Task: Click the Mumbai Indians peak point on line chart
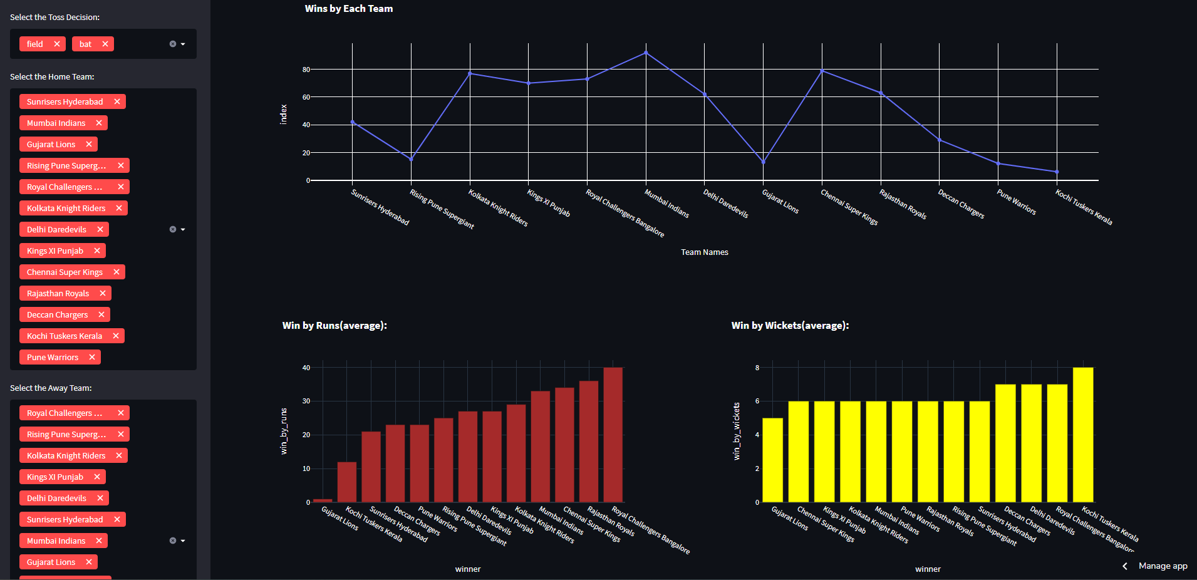point(646,53)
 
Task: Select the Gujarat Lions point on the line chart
point(763,162)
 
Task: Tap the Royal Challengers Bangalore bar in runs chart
point(613,435)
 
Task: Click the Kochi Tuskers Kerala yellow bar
point(1083,435)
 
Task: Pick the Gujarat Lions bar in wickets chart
point(772,460)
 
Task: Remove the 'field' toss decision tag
point(57,44)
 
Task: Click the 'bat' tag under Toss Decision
point(85,44)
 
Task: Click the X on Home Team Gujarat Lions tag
point(89,144)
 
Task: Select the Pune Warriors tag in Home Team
point(53,357)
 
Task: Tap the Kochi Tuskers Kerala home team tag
point(64,336)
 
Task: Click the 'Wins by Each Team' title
point(349,9)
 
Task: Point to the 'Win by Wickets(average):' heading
point(790,325)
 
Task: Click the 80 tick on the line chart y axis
point(306,70)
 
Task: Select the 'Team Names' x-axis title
point(705,252)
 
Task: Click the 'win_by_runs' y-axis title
point(284,431)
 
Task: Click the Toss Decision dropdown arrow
point(183,44)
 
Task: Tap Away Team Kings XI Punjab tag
point(55,477)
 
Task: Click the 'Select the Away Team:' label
point(51,388)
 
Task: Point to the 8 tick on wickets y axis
point(757,368)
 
